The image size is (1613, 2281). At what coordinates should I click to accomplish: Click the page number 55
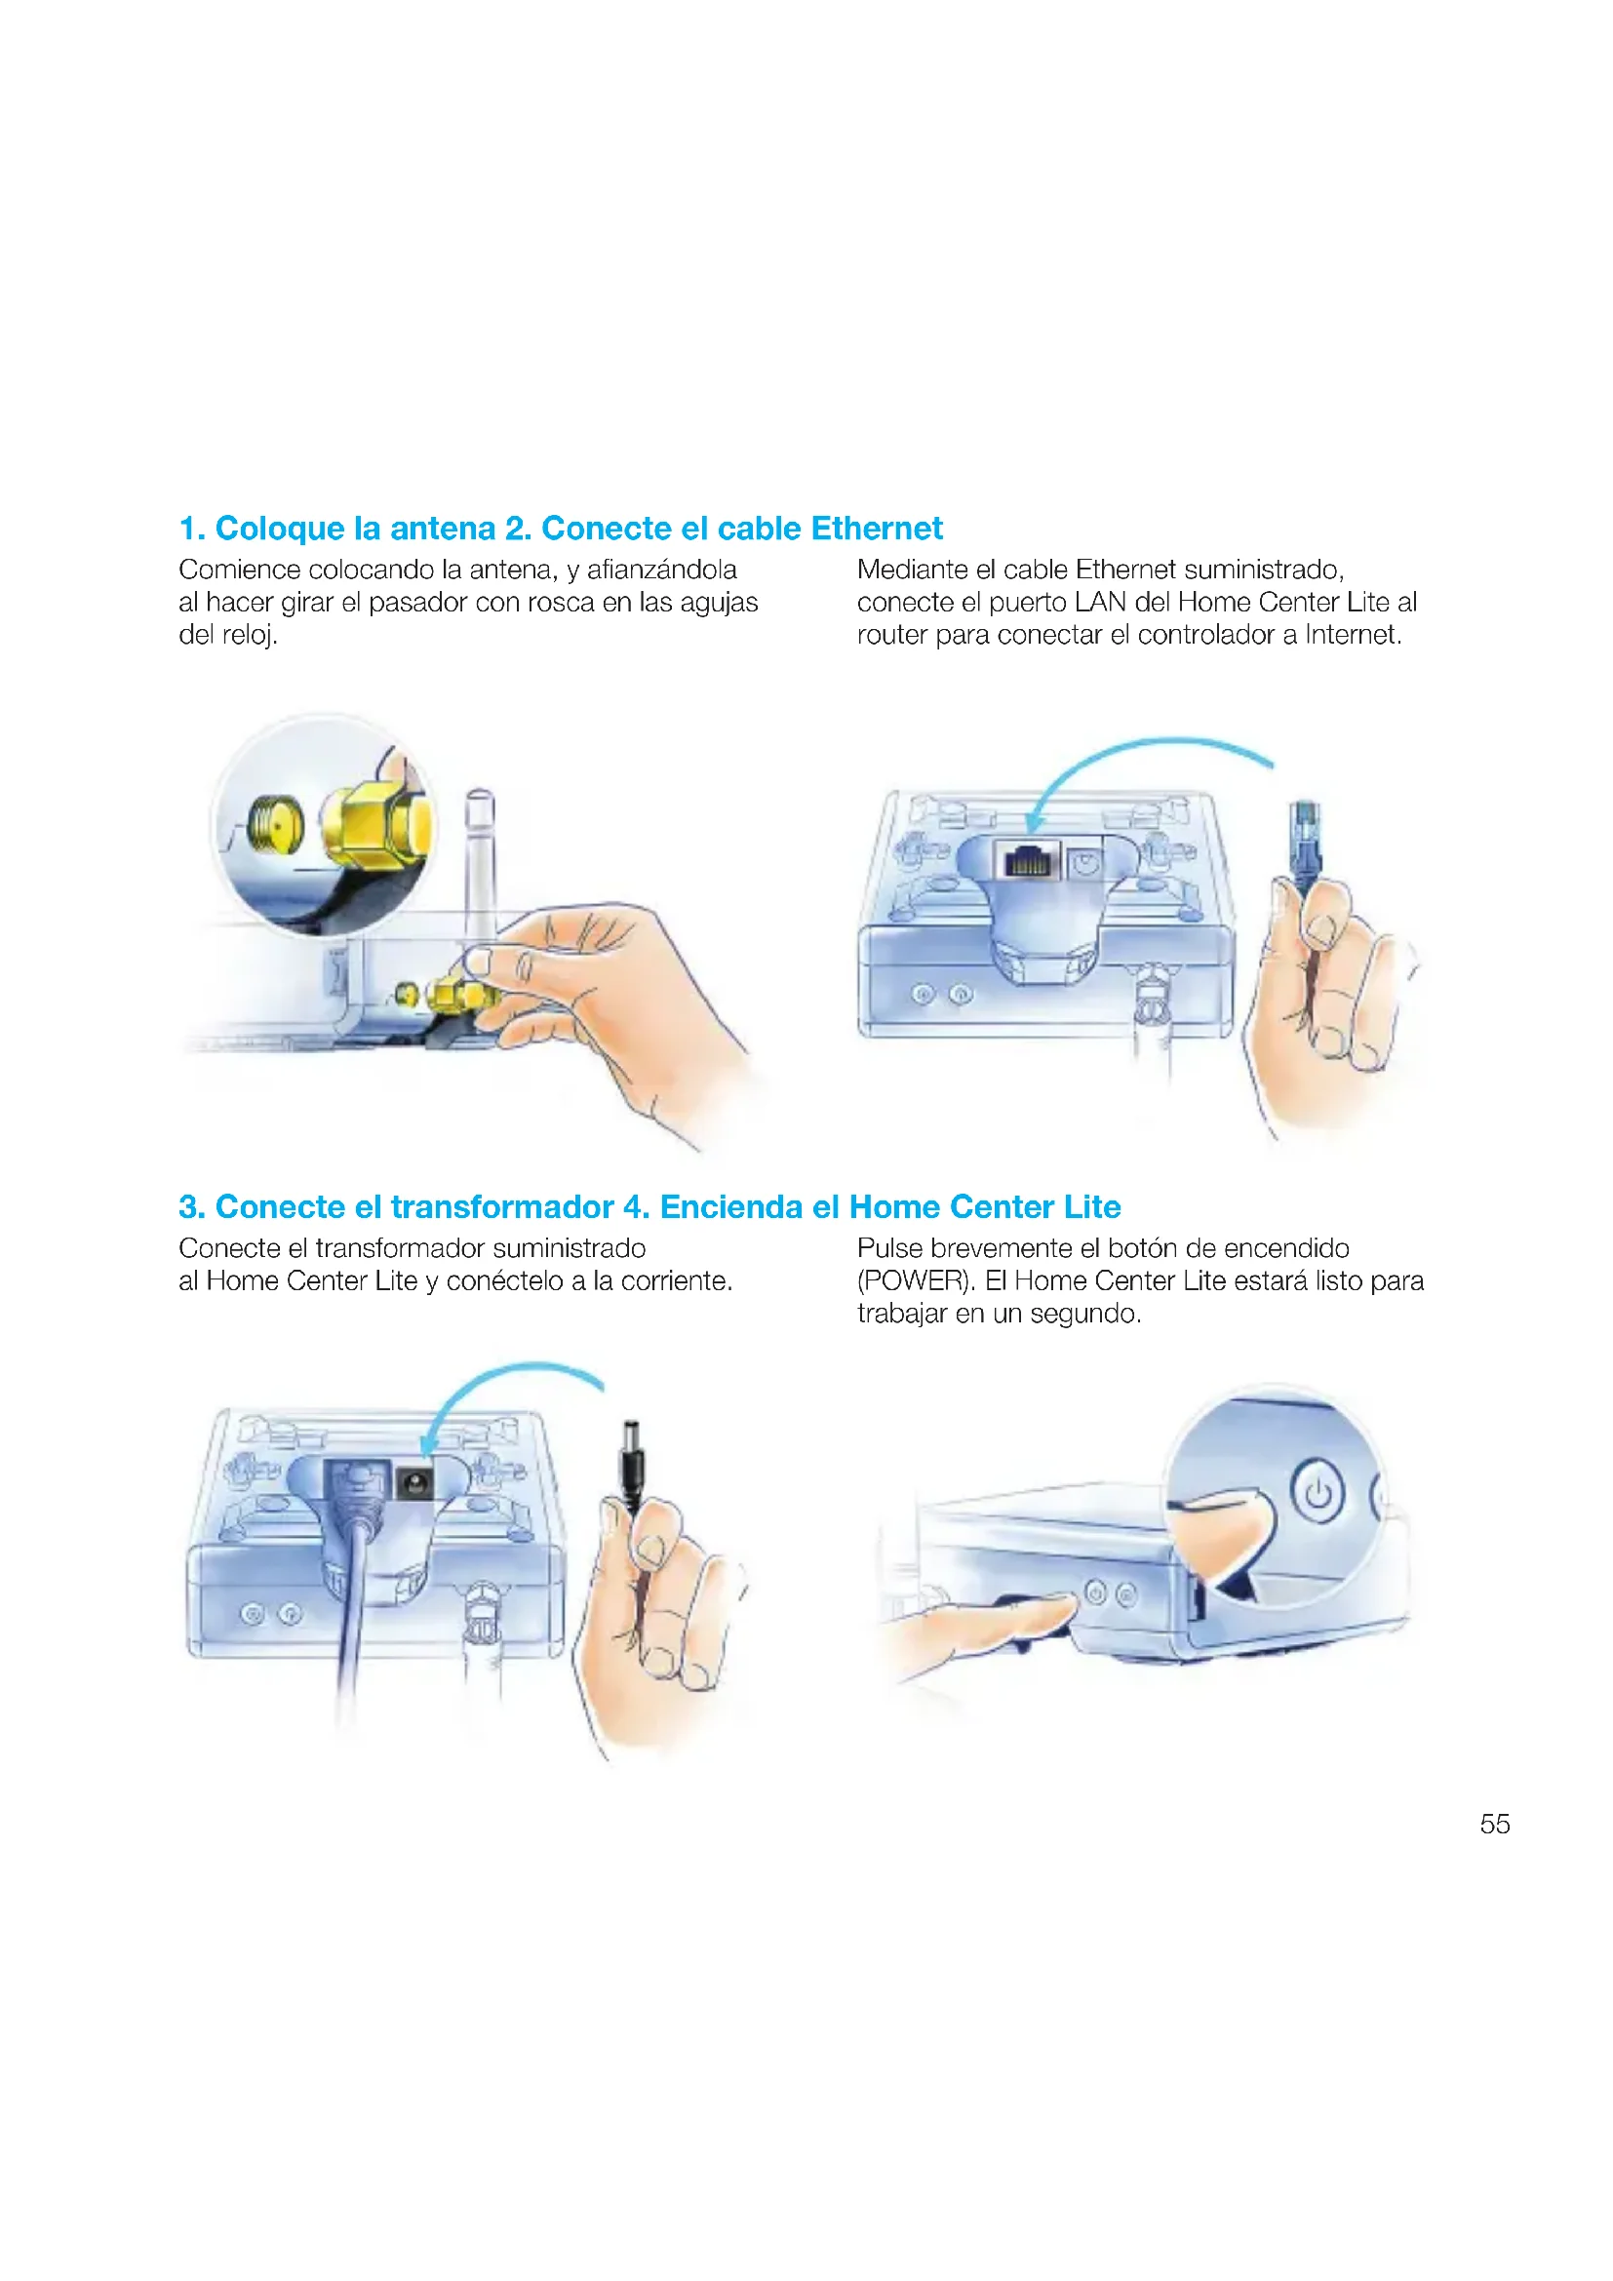(x=1494, y=1824)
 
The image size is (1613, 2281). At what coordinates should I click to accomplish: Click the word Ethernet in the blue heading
(x=876, y=529)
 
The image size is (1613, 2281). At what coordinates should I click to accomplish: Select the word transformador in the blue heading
(x=501, y=1207)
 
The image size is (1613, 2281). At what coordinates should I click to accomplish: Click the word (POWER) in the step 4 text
(x=914, y=1281)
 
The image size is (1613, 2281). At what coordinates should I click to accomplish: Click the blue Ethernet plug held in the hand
(x=1305, y=837)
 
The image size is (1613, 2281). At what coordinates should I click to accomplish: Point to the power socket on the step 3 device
(x=413, y=1484)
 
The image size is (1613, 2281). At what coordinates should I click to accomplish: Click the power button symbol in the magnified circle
(x=1317, y=1492)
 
